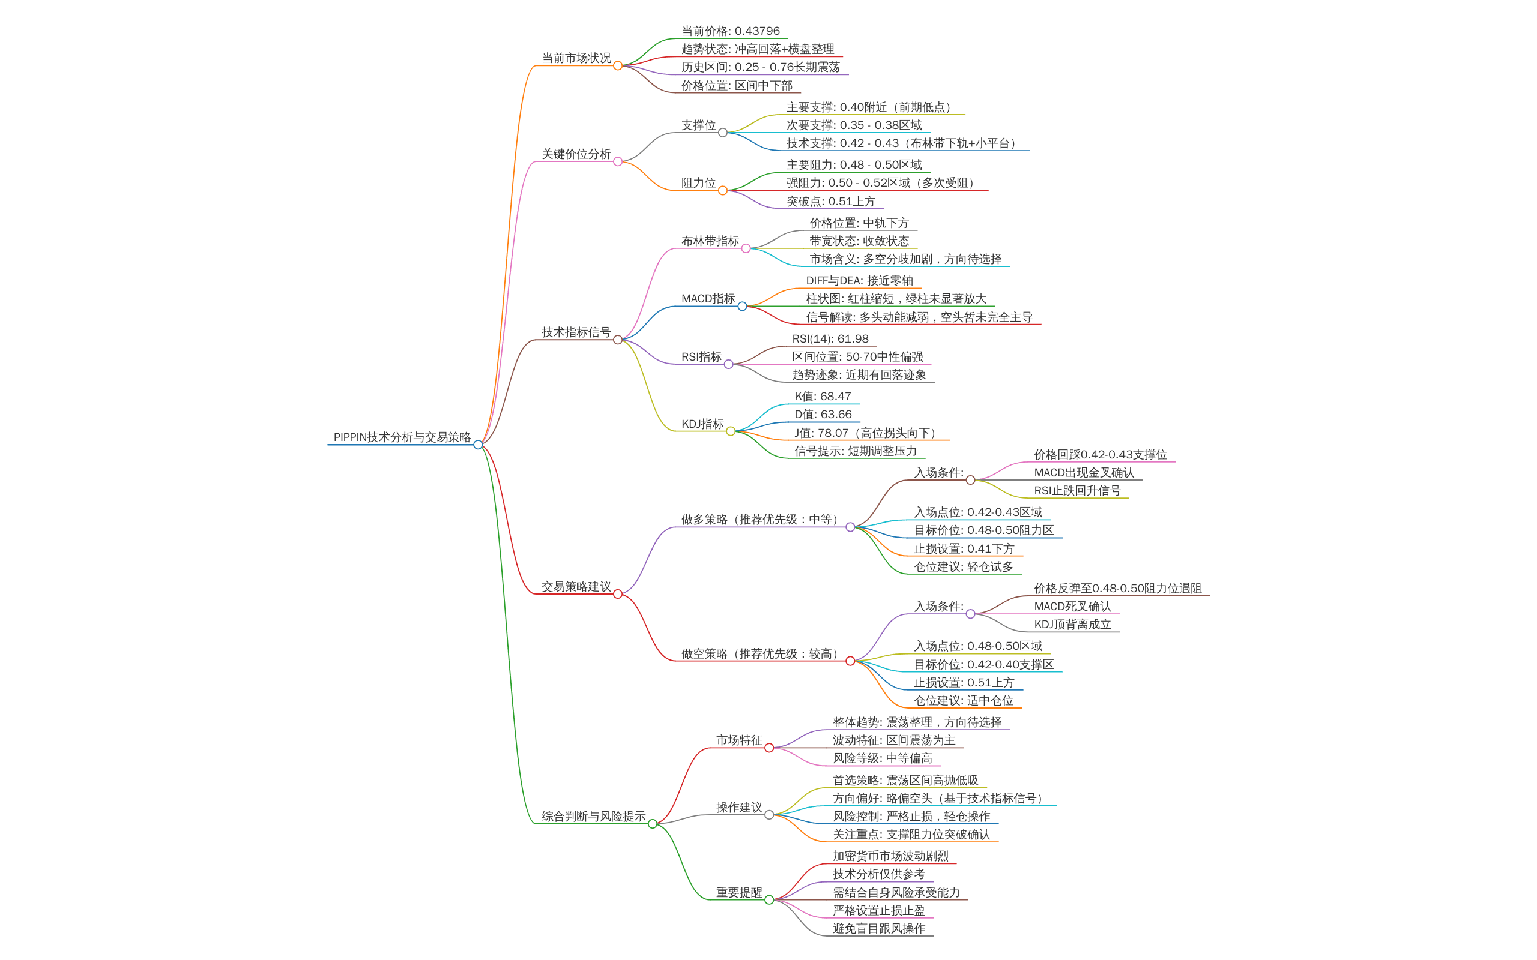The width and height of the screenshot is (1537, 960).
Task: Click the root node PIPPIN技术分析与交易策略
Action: click(402, 437)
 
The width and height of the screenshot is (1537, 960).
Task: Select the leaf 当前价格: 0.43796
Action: click(731, 31)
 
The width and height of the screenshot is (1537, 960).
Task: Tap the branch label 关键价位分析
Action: click(575, 154)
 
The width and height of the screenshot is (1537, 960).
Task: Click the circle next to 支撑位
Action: click(723, 133)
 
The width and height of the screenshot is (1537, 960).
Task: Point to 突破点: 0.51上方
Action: click(831, 201)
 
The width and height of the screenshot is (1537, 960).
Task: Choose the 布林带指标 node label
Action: click(710, 241)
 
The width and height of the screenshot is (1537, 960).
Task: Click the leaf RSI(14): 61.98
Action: click(830, 338)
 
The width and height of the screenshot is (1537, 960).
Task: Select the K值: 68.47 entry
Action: click(823, 396)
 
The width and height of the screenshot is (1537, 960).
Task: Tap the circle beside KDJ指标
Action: click(731, 432)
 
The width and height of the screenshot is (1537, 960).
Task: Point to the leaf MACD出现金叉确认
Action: click(1084, 472)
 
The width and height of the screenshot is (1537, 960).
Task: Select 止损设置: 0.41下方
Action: click(964, 548)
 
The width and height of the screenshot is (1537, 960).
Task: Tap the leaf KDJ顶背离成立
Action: click(1073, 624)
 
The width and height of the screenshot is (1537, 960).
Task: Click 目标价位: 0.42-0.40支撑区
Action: click(984, 664)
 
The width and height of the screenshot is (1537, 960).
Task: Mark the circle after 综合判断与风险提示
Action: click(652, 824)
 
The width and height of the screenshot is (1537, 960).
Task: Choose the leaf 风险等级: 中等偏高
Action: click(882, 758)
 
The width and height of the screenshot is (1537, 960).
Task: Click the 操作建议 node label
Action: click(738, 807)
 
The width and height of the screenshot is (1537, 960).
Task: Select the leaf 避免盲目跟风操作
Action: click(879, 928)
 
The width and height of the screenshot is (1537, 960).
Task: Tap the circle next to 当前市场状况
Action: click(617, 66)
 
